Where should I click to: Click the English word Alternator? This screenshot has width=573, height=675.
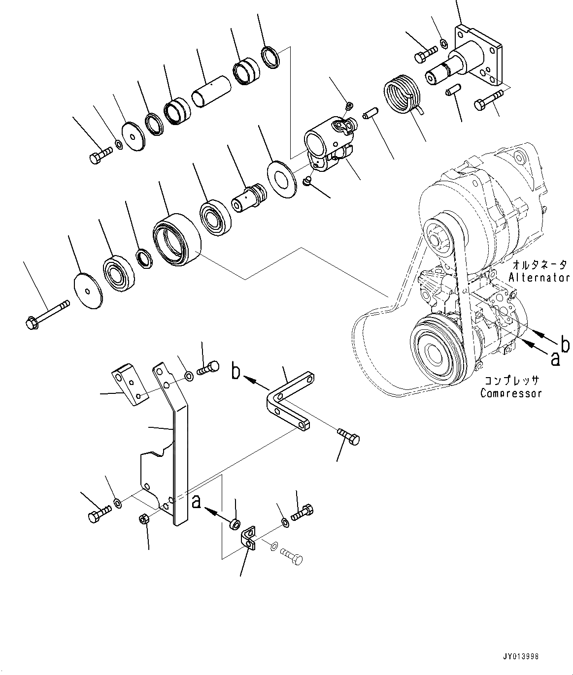pyautogui.click(x=539, y=277)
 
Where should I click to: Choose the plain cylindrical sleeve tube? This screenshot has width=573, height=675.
pyautogui.click(x=210, y=91)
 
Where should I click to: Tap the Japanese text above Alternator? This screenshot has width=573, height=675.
pyautogui.click(x=539, y=264)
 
